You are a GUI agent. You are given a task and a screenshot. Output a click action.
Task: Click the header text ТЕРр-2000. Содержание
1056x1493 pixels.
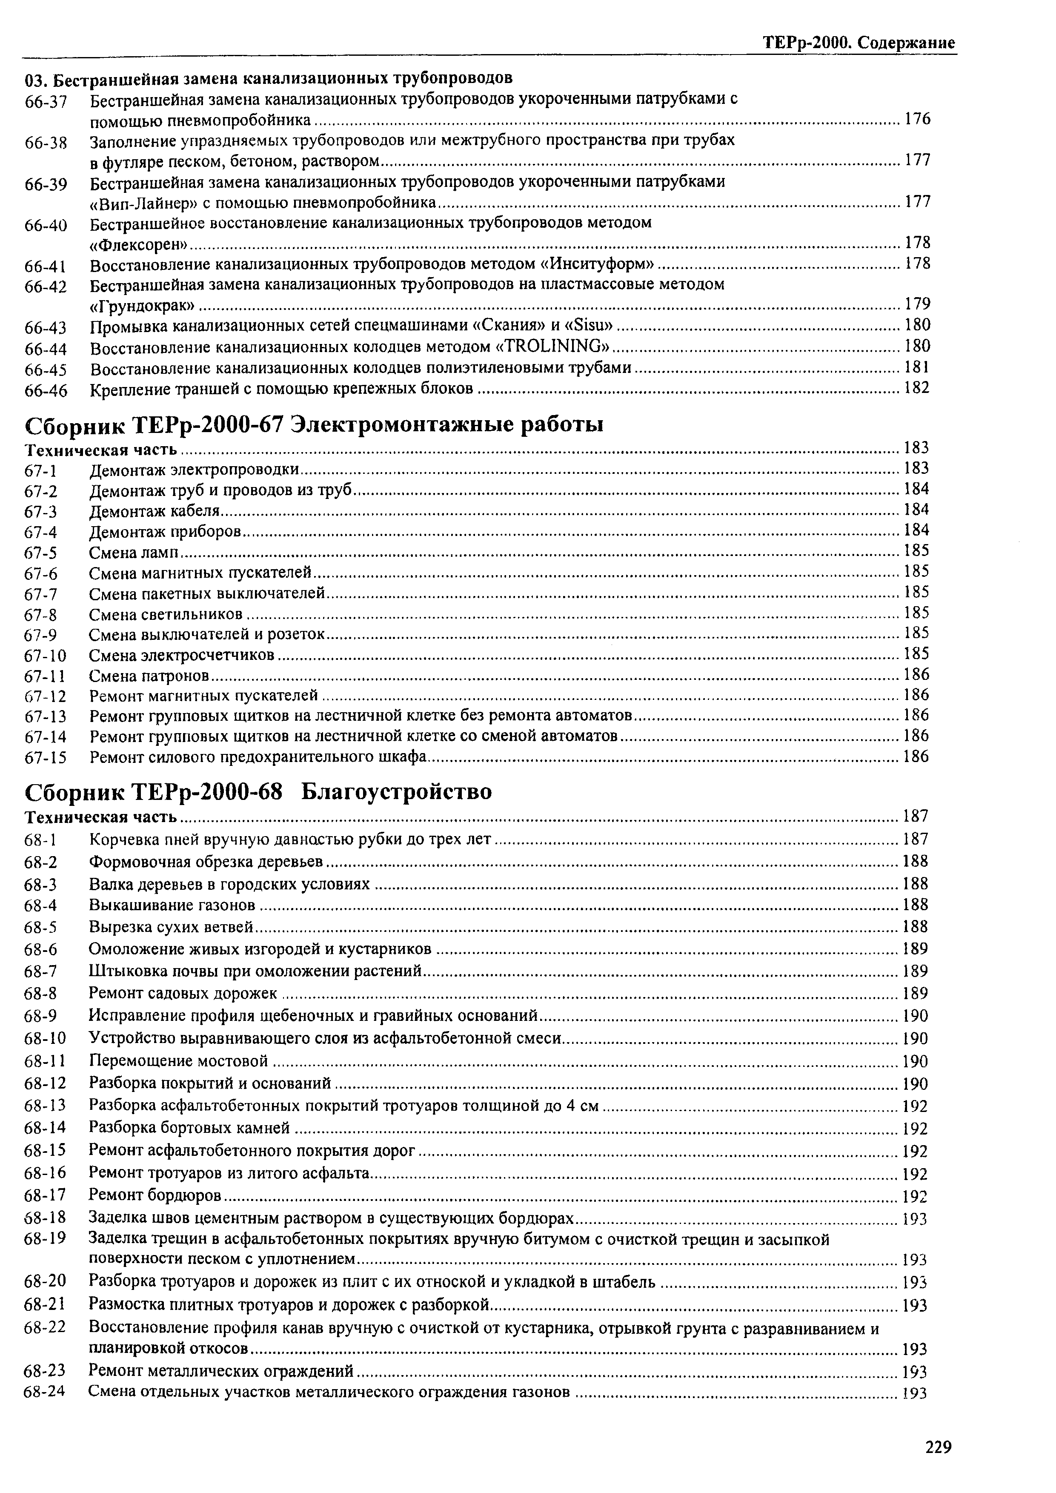tap(859, 43)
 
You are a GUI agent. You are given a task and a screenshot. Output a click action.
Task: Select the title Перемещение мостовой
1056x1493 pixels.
tap(178, 1061)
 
